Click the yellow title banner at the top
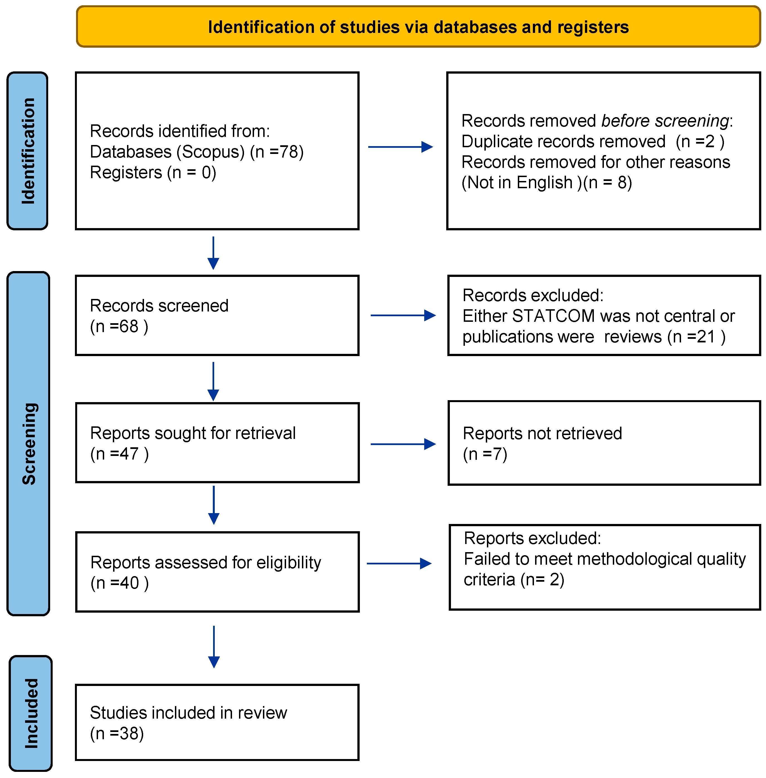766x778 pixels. coord(418,26)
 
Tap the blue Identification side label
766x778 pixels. coord(27,151)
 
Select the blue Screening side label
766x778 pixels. coord(28,444)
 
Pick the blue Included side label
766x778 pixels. coord(31,713)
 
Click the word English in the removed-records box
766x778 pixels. coord(544,183)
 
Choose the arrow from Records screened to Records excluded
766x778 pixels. coord(403,315)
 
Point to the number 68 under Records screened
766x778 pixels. coord(129,327)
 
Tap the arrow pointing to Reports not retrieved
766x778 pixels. coord(403,444)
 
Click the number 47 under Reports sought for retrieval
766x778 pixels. coord(129,454)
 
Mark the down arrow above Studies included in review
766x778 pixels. coord(214,647)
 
